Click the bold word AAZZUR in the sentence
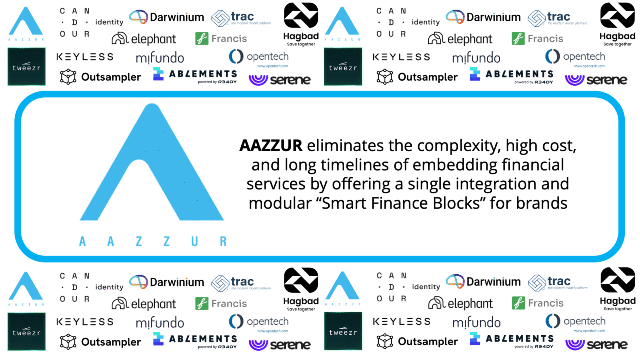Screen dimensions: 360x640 click(271, 146)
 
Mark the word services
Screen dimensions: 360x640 click(276, 184)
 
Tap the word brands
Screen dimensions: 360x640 click(546, 203)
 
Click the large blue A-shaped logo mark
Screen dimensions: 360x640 click(151, 165)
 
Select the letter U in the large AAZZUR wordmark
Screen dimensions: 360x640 click(195, 241)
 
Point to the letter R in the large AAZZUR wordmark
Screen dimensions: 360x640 click(223, 241)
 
